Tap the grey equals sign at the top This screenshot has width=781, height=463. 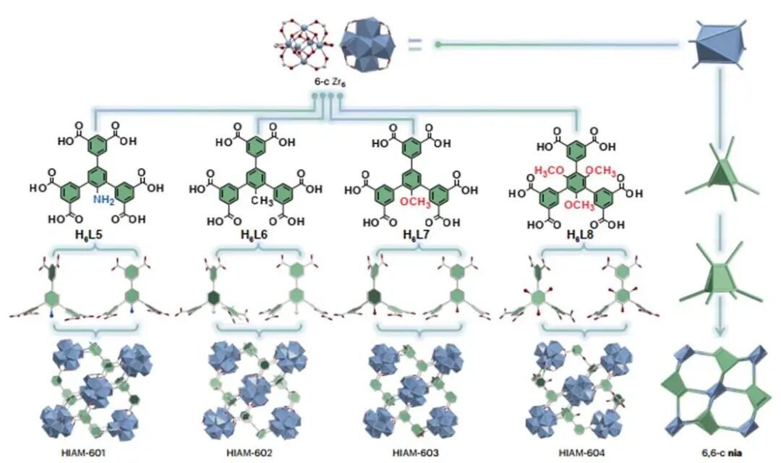pos(414,45)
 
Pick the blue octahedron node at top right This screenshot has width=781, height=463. pos(717,45)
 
